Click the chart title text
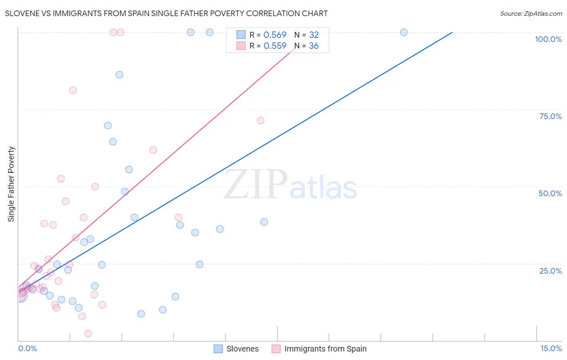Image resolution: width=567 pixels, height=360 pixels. click(166, 13)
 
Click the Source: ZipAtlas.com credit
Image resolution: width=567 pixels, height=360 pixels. click(531, 13)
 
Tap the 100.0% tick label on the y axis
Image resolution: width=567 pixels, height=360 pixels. click(548, 39)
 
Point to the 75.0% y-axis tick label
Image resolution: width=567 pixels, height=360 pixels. click(550, 116)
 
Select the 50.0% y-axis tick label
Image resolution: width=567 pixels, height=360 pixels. click(550, 193)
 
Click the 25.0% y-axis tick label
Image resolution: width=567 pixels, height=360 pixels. click(550, 270)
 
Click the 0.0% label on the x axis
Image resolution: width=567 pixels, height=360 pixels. click(27, 348)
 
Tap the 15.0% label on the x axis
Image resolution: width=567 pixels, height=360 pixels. click(551, 348)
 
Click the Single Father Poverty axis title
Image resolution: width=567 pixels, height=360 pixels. click(11, 184)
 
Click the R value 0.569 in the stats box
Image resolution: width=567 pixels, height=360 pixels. click(275, 35)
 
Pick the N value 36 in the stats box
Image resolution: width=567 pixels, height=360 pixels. click(314, 46)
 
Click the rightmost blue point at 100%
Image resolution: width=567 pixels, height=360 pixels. click(404, 32)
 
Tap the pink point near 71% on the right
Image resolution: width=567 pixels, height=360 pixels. click(261, 121)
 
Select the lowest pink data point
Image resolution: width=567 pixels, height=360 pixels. click(88, 333)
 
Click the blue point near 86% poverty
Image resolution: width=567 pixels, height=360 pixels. click(119, 75)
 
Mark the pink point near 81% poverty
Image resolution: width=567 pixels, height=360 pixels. click(73, 90)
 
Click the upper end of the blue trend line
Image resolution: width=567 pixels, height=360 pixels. click(452, 32)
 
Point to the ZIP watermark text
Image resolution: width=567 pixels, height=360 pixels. click(256, 184)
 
